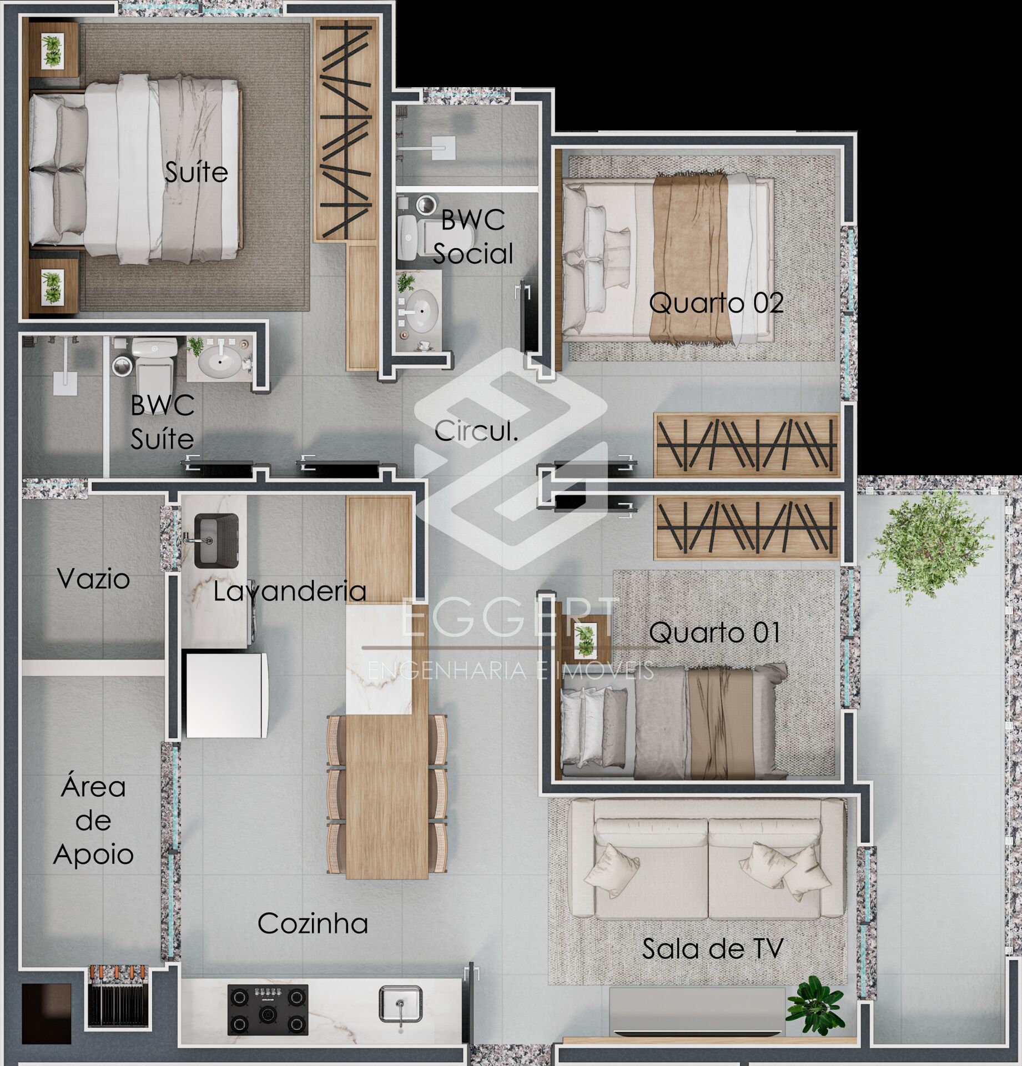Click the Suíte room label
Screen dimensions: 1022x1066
click(x=197, y=172)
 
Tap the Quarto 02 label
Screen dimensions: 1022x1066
click(x=716, y=303)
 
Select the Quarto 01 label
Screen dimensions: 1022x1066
click(x=714, y=632)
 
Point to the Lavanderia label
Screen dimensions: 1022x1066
click(x=289, y=591)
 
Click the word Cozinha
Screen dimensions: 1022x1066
click(x=313, y=923)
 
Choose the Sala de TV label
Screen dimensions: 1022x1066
click(x=713, y=949)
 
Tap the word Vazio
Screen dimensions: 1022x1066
click(x=93, y=579)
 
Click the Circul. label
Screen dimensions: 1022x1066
click(x=476, y=431)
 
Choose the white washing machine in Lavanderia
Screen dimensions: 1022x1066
click(x=227, y=695)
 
